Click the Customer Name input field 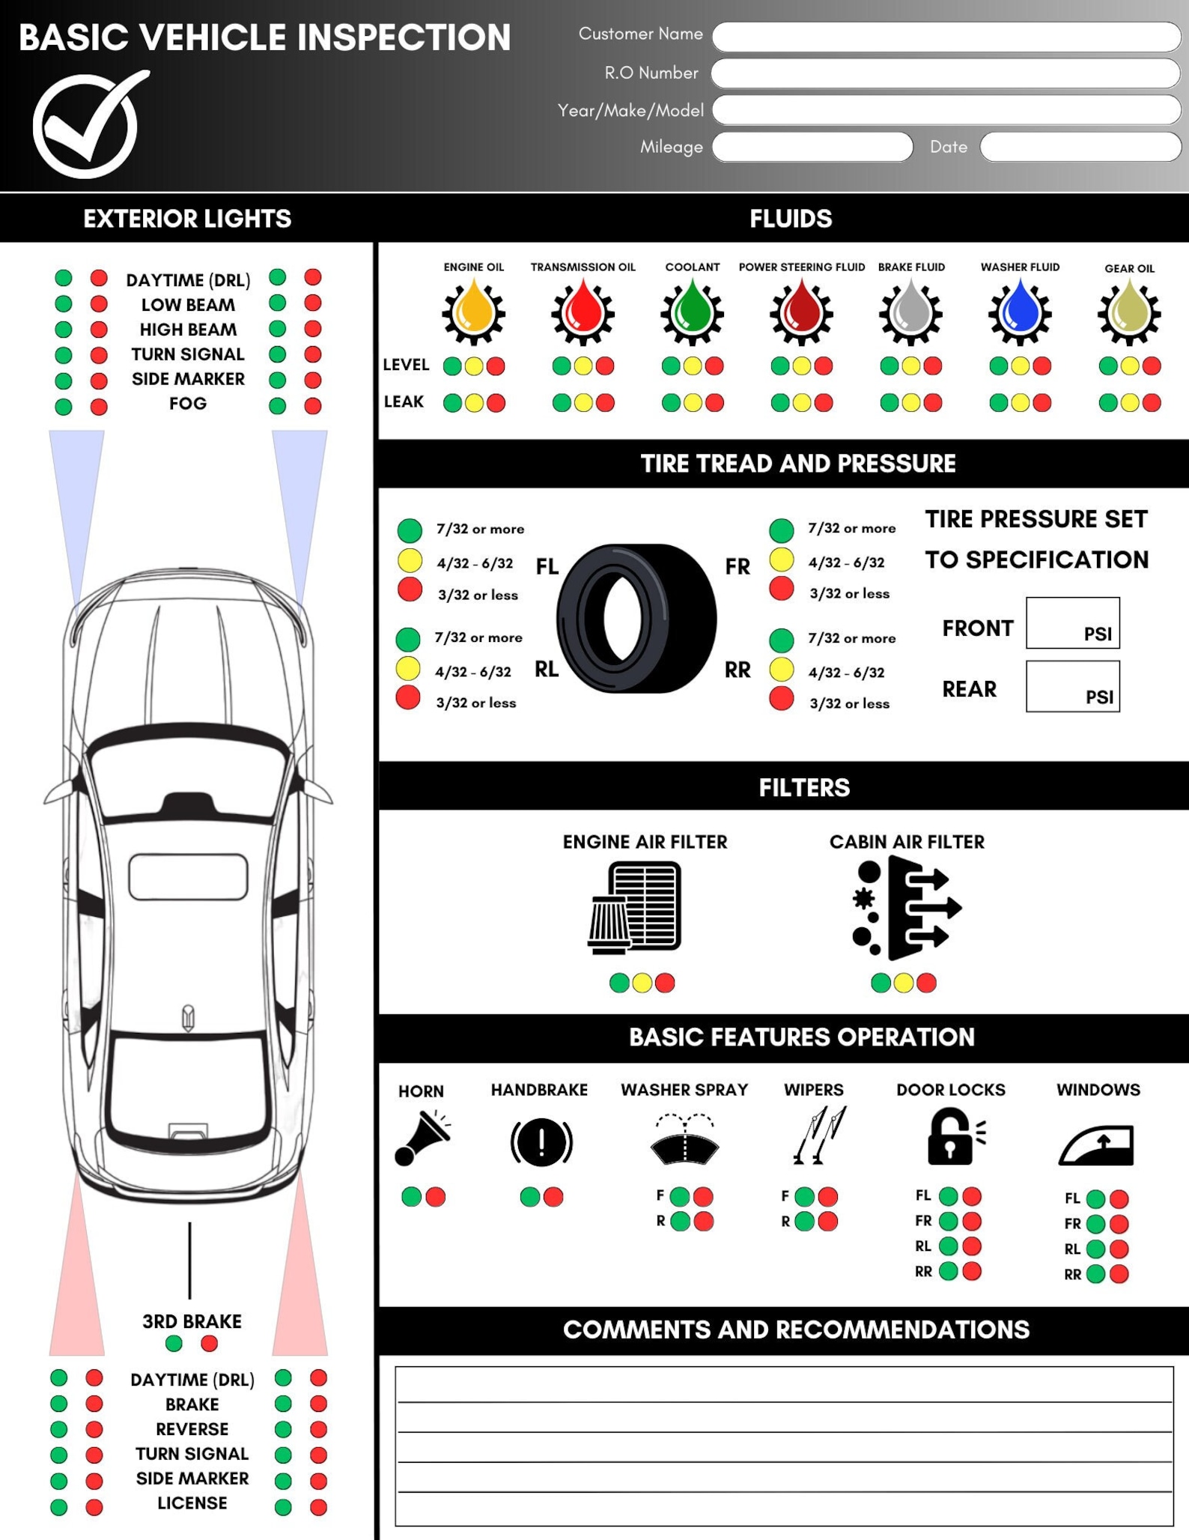click(946, 37)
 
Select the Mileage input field click(812, 147)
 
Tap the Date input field click(1080, 147)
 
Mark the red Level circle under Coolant click(714, 366)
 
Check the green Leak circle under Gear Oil click(1108, 403)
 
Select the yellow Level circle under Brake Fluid click(910, 366)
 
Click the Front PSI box click(1072, 622)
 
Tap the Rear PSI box click(1072, 686)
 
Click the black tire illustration click(636, 619)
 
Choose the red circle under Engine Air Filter click(665, 983)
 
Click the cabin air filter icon click(906, 908)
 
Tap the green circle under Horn click(411, 1196)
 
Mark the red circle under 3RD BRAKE click(210, 1344)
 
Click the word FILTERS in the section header click(804, 787)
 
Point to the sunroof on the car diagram click(188, 876)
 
